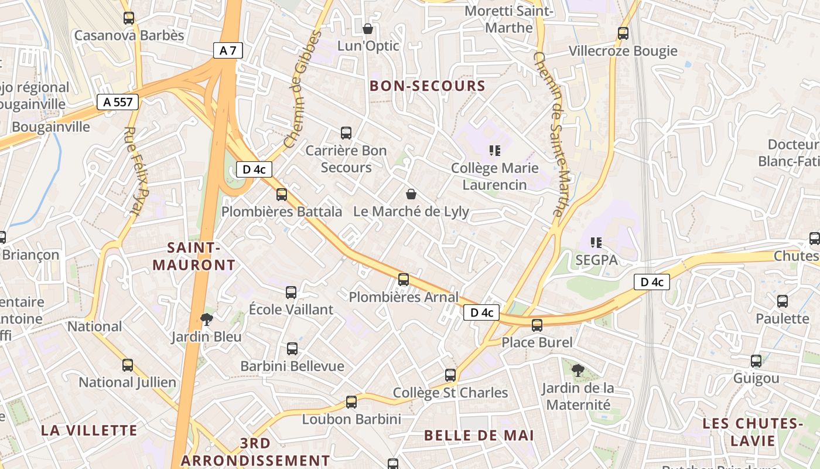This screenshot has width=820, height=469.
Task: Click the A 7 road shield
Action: (228, 50)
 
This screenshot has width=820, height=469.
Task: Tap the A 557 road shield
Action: (117, 102)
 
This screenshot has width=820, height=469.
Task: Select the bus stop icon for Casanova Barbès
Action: (129, 18)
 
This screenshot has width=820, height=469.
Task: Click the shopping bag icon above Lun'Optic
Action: (368, 28)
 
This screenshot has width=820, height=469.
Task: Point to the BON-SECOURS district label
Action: (428, 86)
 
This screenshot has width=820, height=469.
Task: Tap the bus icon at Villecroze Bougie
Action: (623, 33)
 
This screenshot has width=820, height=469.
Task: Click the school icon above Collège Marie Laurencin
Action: (495, 151)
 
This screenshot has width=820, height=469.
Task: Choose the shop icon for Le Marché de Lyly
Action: (411, 193)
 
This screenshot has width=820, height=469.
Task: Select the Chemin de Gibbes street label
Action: (303, 89)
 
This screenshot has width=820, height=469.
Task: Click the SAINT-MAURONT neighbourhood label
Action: (194, 256)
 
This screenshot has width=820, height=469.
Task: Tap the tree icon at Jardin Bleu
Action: (206, 320)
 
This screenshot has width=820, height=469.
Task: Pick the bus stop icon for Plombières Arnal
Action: (404, 280)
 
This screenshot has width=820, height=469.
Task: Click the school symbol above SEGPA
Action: (596, 242)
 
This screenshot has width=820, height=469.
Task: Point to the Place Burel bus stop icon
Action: (537, 325)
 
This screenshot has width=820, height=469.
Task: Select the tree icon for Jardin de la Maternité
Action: (578, 370)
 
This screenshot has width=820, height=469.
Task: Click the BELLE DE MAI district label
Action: (479, 436)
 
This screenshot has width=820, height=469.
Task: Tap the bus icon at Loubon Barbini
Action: (351, 402)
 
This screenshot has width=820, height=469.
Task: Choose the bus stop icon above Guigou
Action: (756, 361)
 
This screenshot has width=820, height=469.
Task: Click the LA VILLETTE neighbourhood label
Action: (89, 430)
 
